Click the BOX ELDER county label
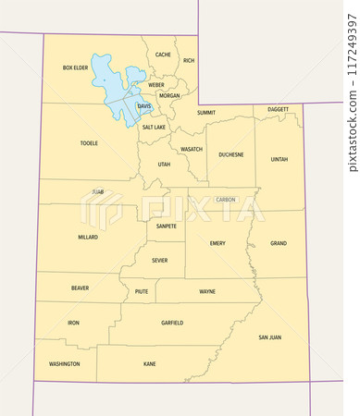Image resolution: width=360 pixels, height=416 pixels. click(75, 67)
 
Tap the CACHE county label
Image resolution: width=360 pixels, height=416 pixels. click(163, 55)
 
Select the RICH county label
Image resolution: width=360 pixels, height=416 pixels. click(189, 61)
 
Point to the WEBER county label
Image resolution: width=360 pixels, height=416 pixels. click(156, 84)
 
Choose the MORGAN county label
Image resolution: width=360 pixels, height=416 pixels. click(169, 95)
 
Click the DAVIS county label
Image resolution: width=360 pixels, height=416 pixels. click(144, 106)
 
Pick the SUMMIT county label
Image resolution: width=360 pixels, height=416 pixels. click(206, 112)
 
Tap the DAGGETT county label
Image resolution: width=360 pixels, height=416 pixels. click(278, 109)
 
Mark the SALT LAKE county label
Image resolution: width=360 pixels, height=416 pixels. click(154, 127)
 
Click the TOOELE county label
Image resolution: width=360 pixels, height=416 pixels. click(89, 143)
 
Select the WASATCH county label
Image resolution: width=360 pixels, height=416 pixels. click(192, 149)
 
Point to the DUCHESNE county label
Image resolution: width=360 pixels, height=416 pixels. click(231, 154)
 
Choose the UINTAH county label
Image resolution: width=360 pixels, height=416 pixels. click(279, 159)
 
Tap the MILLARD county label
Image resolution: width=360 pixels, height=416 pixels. click(88, 237)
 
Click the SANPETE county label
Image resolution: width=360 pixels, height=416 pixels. click(167, 226)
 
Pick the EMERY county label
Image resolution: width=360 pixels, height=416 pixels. click(217, 243)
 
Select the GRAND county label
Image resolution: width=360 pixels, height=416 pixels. click(279, 243)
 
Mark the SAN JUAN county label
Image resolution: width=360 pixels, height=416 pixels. click(269, 337)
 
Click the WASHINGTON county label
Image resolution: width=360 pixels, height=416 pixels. click(65, 363)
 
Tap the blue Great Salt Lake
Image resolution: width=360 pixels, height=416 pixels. click(109, 79)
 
